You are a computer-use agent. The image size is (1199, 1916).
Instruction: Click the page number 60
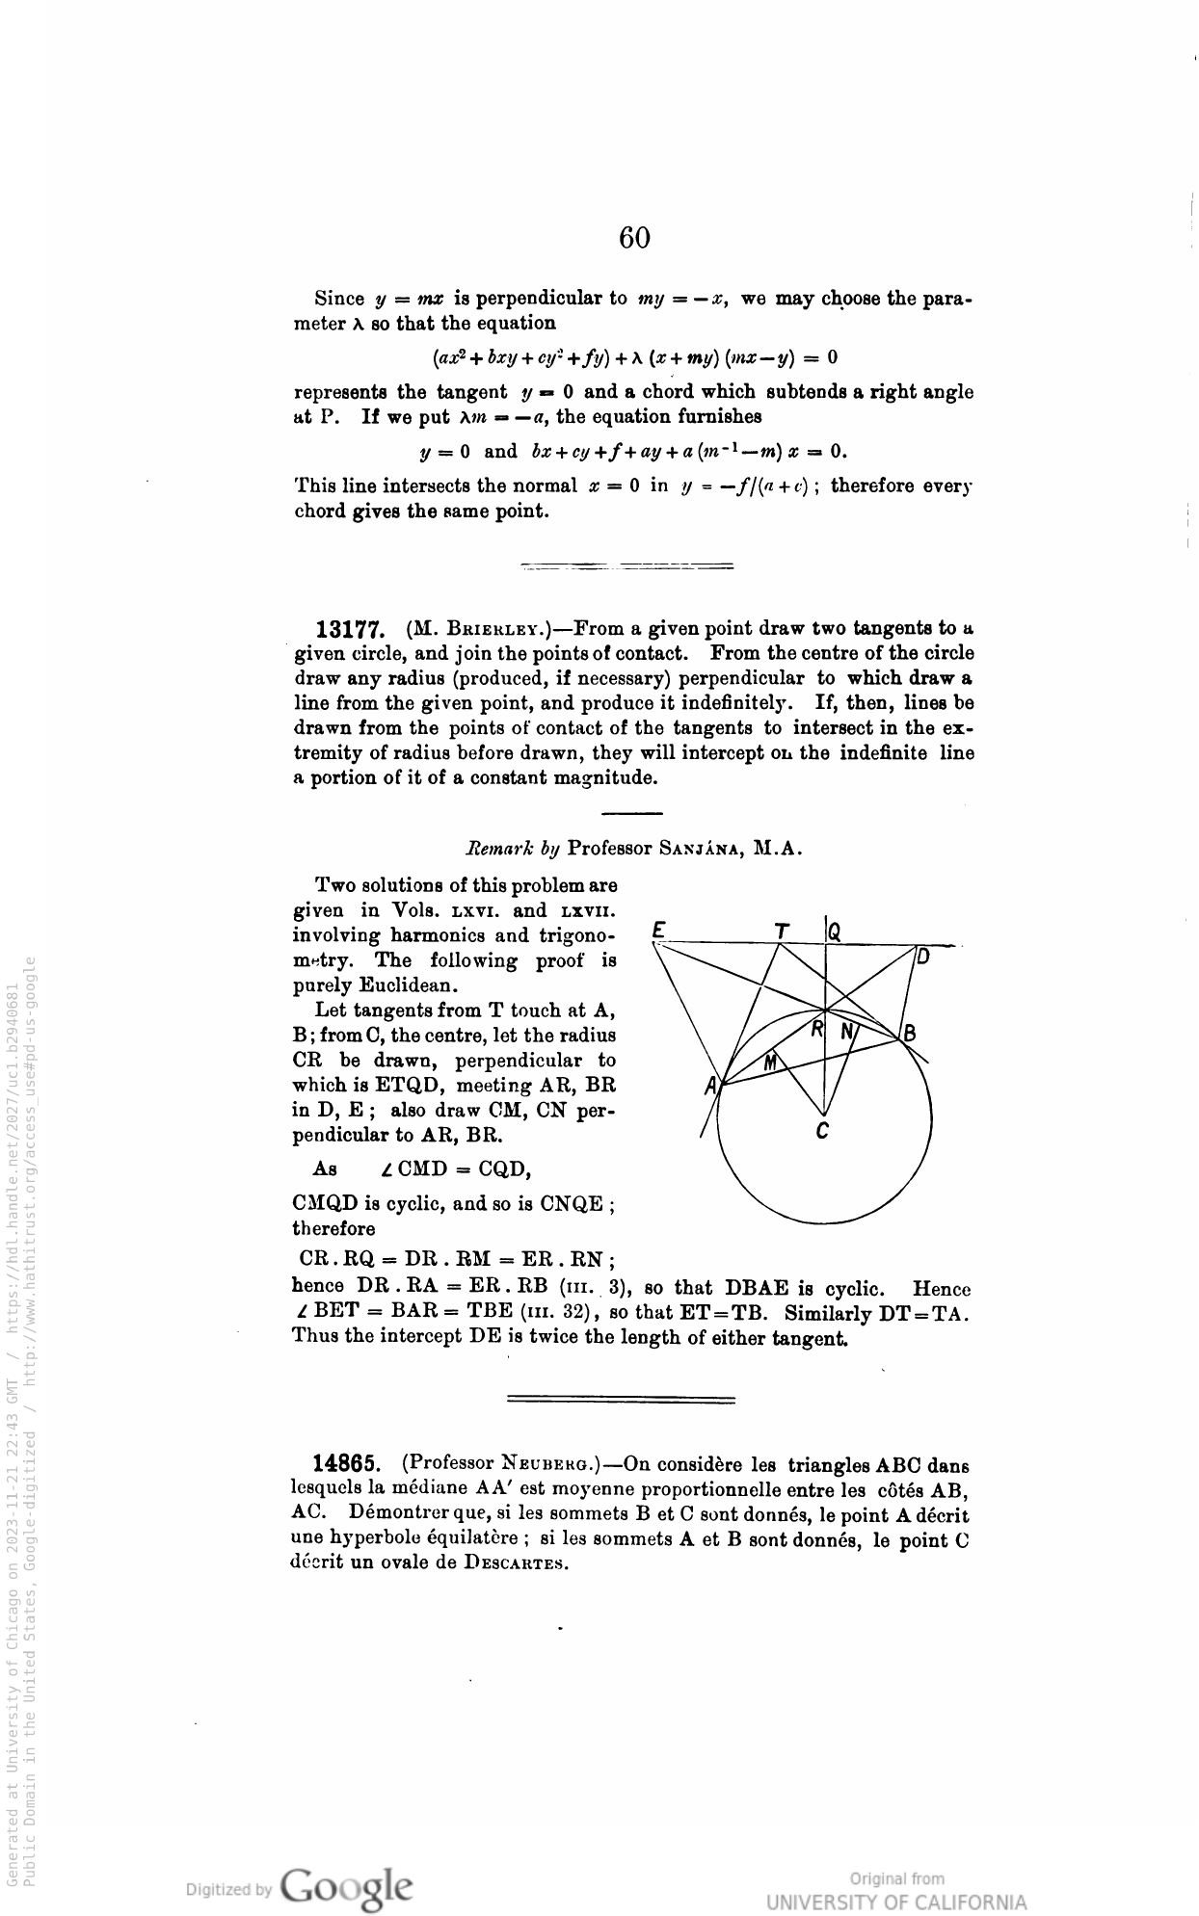point(634,237)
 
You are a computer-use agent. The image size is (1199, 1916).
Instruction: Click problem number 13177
point(352,630)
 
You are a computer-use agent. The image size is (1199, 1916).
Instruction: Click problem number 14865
point(350,1465)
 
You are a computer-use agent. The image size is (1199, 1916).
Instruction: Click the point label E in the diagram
point(659,930)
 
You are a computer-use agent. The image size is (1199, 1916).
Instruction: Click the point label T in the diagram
point(782,931)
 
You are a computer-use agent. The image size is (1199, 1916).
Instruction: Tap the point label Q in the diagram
point(835,931)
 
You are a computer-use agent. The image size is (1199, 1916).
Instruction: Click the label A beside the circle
point(711,1087)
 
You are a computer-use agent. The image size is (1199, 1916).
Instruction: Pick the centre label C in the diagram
point(822,1132)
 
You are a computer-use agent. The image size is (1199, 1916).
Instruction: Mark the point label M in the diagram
point(770,1063)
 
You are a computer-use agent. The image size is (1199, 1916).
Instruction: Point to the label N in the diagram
point(847,1031)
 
